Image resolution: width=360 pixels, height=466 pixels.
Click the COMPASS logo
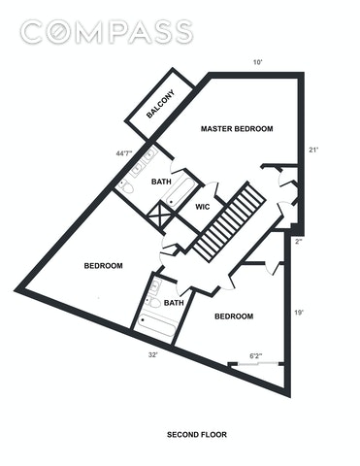[107, 32]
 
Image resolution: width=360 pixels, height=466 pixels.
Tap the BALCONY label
[160, 104]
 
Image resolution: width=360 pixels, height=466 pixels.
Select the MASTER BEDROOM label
[237, 129]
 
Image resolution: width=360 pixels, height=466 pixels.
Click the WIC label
[203, 207]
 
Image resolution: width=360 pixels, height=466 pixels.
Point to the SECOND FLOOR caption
[197, 435]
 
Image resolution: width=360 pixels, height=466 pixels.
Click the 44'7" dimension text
[124, 153]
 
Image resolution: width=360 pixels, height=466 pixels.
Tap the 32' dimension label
[153, 355]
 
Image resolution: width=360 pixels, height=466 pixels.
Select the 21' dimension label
[314, 150]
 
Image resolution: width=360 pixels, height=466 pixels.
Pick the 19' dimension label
[299, 313]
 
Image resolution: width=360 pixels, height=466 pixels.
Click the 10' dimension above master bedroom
[257, 62]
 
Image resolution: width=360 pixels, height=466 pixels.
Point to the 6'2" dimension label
[256, 356]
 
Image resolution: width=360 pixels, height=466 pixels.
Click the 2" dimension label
[298, 242]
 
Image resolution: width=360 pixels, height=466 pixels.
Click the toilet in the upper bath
[125, 187]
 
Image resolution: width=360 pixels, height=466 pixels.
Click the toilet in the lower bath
[153, 302]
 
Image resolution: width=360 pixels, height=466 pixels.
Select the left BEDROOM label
[104, 266]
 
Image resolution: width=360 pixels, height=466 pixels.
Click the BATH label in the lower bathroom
[174, 303]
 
